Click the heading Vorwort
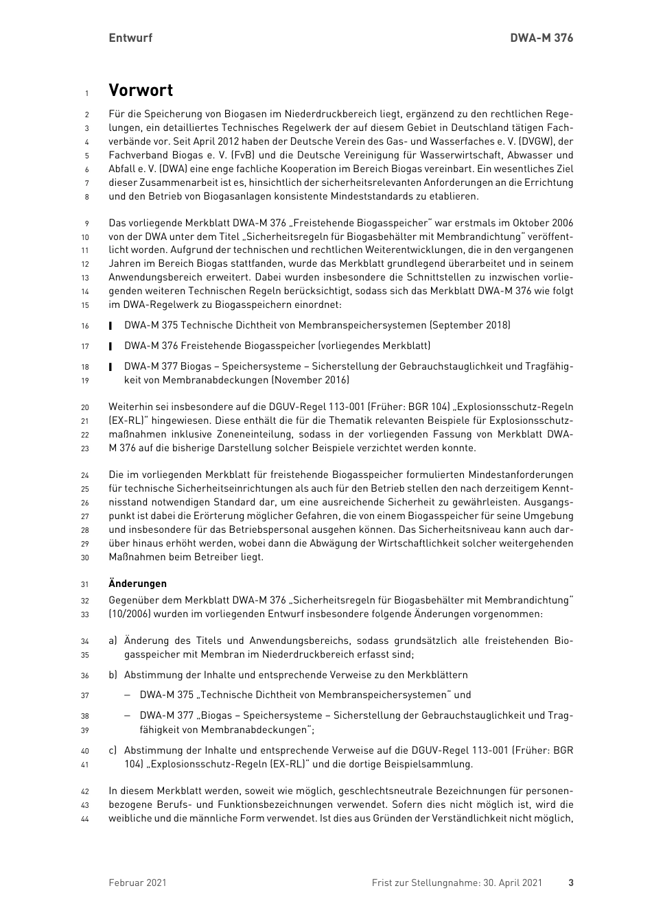(x=141, y=91)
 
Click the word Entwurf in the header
(x=130, y=38)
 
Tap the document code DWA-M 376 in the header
(x=542, y=38)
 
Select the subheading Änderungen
(x=137, y=584)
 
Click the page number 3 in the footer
(x=570, y=883)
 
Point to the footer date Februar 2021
(x=137, y=883)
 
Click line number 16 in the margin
(x=85, y=326)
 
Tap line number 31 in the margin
(x=85, y=584)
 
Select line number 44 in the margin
(x=85, y=819)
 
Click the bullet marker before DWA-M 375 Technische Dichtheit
(x=110, y=326)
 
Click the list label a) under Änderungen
(x=113, y=641)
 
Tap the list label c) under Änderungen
(x=113, y=750)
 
